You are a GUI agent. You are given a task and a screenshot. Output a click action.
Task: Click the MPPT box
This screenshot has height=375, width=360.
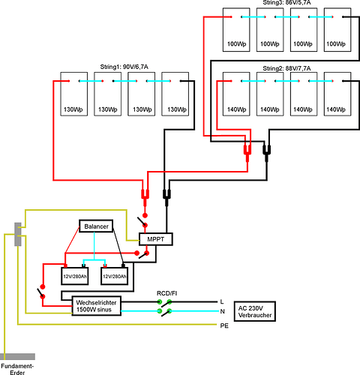[x=155, y=239]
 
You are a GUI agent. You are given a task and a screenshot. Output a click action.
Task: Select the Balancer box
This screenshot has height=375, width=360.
[x=96, y=226]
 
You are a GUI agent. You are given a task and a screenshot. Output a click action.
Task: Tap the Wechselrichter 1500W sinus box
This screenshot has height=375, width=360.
[x=97, y=306]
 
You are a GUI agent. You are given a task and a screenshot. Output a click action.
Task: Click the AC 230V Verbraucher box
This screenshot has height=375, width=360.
[x=255, y=311]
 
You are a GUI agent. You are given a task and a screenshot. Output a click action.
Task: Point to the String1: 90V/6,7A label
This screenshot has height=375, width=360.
[x=124, y=67]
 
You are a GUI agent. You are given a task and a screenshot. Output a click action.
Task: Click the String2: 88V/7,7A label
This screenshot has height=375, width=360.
[x=286, y=68]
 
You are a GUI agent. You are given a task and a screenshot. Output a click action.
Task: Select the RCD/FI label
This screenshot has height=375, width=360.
[x=166, y=293]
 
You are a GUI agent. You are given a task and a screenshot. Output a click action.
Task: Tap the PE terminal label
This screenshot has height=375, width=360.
[x=224, y=325]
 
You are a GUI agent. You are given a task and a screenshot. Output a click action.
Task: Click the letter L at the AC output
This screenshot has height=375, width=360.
[x=222, y=301]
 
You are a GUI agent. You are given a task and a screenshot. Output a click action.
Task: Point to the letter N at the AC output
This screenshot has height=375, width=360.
[x=222, y=311]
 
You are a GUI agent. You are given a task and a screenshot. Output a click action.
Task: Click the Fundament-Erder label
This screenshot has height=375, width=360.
[x=17, y=369]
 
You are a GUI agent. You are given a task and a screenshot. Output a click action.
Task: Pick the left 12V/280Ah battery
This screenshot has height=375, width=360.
[x=75, y=276]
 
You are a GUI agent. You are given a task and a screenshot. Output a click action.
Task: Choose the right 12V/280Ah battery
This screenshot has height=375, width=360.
[x=115, y=276]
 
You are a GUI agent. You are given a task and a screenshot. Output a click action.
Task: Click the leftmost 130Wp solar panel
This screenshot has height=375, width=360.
[x=74, y=94]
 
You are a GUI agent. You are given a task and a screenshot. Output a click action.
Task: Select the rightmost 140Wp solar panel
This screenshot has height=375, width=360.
[x=337, y=94]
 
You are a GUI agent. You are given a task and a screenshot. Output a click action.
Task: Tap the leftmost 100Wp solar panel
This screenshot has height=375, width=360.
[x=236, y=30]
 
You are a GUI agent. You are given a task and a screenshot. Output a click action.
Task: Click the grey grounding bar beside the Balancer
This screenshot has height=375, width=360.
[x=18, y=234]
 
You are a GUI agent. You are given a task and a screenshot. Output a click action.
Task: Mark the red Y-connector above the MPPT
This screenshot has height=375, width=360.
[x=145, y=196]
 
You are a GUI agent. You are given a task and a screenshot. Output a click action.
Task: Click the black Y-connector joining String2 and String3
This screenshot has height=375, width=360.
[x=266, y=151]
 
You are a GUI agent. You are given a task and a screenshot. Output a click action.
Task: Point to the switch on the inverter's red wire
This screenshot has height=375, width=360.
[x=41, y=292]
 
